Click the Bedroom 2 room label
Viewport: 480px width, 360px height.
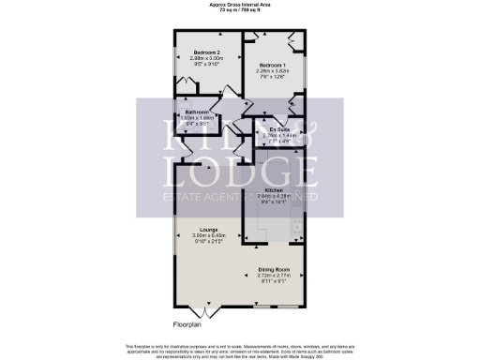coord(206,52)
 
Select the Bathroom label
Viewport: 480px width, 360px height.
coord(198,112)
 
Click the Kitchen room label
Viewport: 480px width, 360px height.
coord(274,188)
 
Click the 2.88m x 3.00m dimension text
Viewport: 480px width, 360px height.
coord(206,58)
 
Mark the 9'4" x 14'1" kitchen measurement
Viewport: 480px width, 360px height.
coord(274,201)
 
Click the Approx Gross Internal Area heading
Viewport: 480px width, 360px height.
coord(239,4)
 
